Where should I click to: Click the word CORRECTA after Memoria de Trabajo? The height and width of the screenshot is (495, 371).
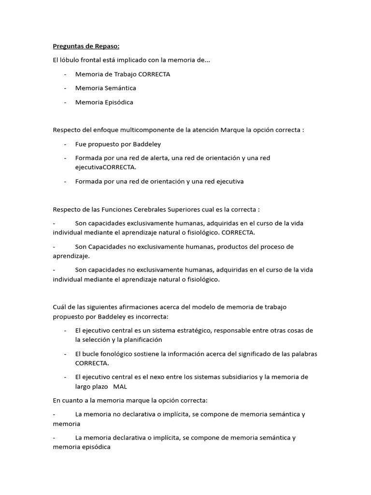pos(154,74)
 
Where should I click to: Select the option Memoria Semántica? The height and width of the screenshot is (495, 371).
pos(105,88)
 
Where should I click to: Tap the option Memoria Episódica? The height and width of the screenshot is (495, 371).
pos(104,102)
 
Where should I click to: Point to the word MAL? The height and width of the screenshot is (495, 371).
pos(120,387)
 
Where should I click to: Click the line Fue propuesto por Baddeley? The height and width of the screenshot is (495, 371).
pos(118,144)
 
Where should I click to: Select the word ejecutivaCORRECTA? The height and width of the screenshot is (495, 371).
pos(106,167)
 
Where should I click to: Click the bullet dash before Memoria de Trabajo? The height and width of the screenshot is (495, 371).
pos(65,74)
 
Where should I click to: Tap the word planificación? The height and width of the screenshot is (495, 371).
pos(141,340)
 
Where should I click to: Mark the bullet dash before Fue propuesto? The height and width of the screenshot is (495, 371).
pos(65,144)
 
